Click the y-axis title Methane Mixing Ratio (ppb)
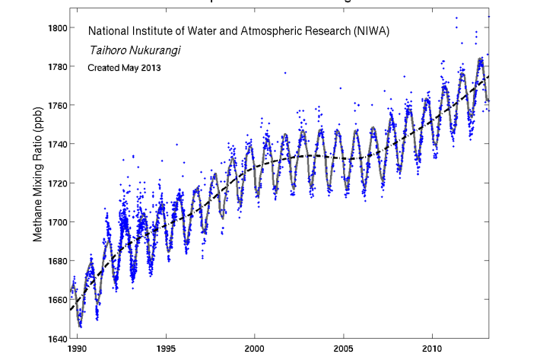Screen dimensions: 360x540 [x=37, y=185]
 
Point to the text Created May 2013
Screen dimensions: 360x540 [x=124, y=68]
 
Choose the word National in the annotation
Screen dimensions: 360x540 [x=110, y=32]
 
